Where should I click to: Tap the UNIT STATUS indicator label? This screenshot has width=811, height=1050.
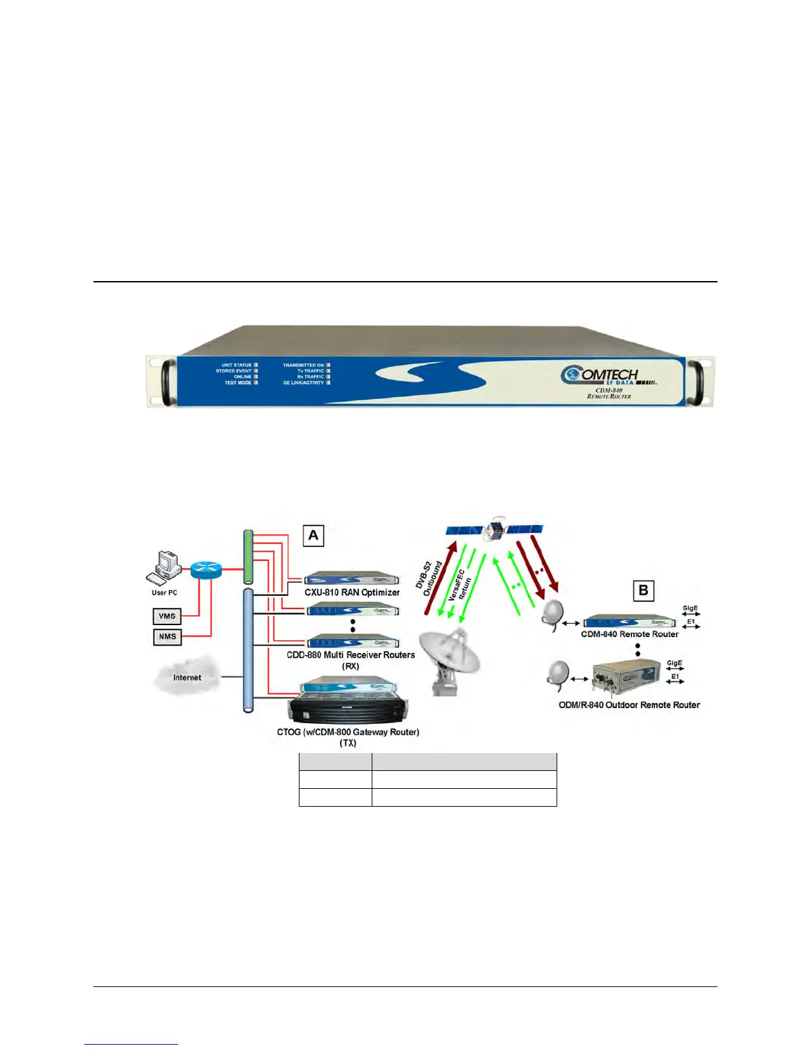[237, 365]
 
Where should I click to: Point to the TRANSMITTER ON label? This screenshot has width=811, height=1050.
[303, 365]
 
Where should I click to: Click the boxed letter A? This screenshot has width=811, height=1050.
[313, 536]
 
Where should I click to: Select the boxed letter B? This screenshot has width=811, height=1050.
[643, 590]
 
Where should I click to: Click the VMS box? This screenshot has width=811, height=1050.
[167, 616]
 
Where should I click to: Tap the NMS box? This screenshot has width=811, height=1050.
[167, 637]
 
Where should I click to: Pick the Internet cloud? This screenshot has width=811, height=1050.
[187, 676]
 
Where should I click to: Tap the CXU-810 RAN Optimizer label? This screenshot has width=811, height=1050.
[352, 593]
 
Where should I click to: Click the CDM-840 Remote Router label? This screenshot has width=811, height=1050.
[629, 634]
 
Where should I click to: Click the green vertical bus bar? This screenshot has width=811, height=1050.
[248, 557]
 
